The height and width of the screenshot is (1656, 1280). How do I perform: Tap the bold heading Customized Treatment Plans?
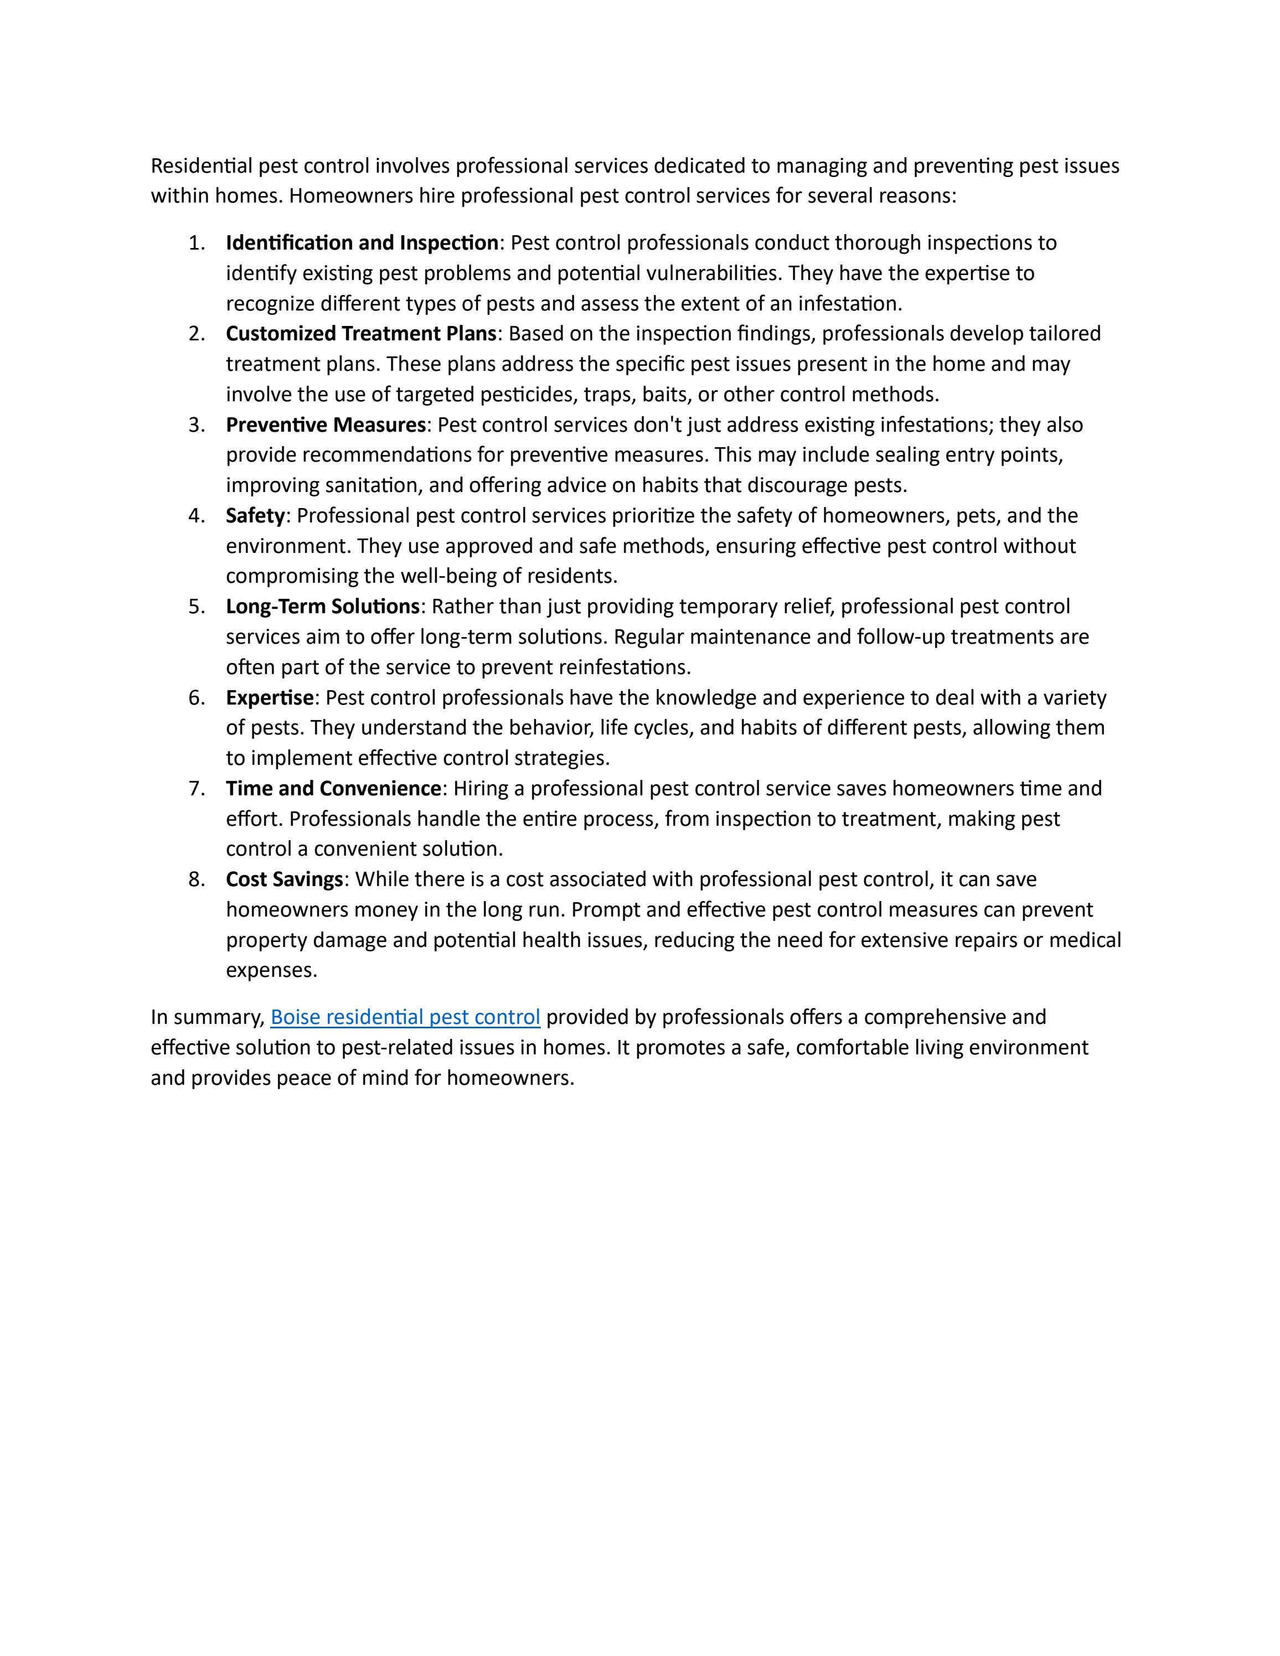pyautogui.click(x=361, y=334)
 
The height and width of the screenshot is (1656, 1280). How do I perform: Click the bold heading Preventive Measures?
pyautogui.click(x=326, y=425)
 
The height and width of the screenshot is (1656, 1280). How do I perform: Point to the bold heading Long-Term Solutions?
pyautogui.click(x=322, y=607)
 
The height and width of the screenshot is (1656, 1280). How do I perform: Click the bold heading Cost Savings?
pyautogui.click(x=285, y=879)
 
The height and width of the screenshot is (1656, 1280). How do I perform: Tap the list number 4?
pyautogui.click(x=197, y=516)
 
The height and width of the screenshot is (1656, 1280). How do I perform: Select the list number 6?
pyautogui.click(x=197, y=697)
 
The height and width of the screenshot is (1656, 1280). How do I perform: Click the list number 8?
pyautogui.click(x=197, y=879)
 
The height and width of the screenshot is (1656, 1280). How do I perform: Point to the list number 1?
pyautogui.click(x=197, y=242)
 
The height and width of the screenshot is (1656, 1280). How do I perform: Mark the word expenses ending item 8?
pyautogui.click(x=271, y=971)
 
